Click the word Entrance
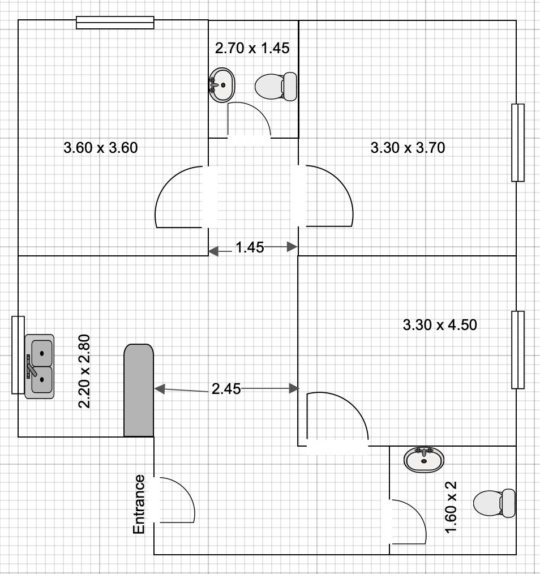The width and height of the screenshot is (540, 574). pos(139,504)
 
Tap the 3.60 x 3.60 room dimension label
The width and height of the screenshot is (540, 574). pos(101,148)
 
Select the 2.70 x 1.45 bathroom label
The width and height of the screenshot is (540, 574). pos(252,48)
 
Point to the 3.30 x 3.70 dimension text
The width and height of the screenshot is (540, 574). pos(408,148)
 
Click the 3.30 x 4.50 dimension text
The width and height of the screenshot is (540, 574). pos(440,325)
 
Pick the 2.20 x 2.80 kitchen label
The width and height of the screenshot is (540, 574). pos(84,371)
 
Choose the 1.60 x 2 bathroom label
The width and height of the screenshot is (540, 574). pos(451,507)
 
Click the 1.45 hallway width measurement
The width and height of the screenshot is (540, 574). pos(250,247)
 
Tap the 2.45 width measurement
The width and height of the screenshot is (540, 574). pos(226,389)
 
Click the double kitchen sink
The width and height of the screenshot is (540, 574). pos(39,366)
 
